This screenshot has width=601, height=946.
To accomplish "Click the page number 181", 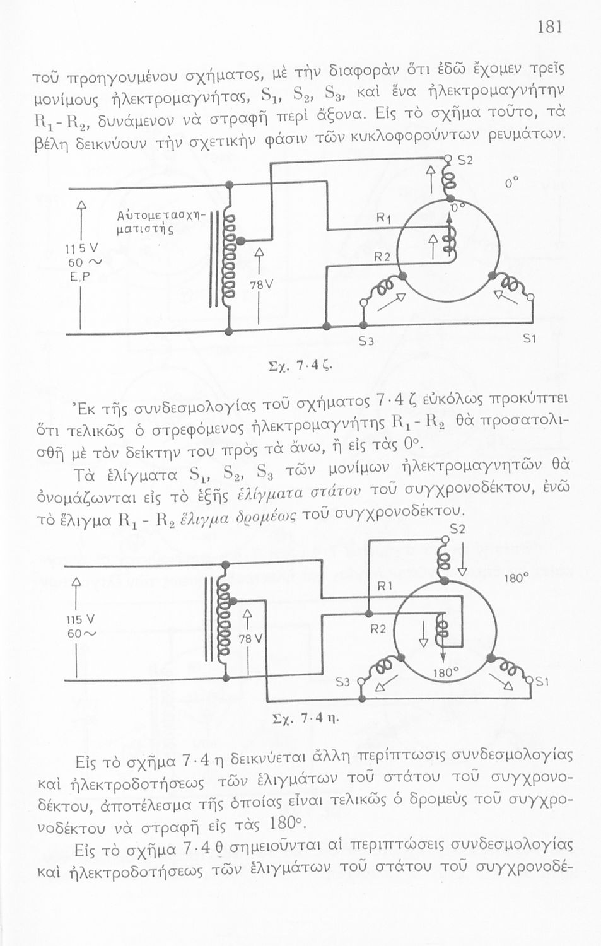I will point(549,27).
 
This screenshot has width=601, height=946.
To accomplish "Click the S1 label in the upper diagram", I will point(530,340).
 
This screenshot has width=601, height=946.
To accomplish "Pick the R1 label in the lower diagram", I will point(385,587).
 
